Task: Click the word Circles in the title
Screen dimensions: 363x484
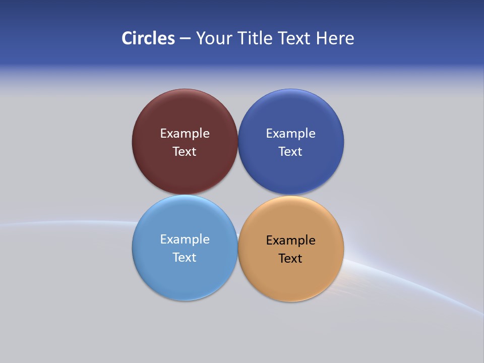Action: pos(148,38)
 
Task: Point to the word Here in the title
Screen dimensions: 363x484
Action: pos(335,38)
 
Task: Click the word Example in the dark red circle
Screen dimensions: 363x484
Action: pos(185,134)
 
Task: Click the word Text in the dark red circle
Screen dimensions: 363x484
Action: pos(185,152)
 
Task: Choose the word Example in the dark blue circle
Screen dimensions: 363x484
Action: pos(291,134)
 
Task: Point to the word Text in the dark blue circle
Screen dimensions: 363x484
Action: pos(290,152)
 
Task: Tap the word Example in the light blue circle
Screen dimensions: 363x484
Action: pos(185,239)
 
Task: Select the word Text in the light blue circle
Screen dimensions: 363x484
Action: pos(185,258)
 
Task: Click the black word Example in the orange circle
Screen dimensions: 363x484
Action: pos(291,240)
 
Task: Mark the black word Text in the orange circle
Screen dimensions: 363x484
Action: pos(290,259)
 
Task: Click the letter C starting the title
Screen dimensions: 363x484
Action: pos(127,38)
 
